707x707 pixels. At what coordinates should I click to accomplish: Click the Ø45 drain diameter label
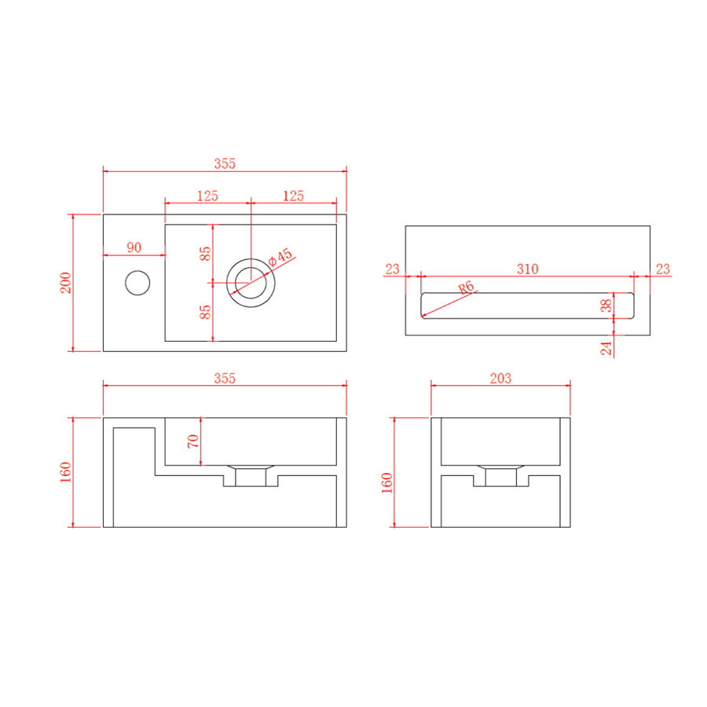[x=280, y=257]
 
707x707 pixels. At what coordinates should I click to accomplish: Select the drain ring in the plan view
[x=250, y=280]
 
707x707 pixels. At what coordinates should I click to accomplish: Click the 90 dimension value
[x=134, y=247]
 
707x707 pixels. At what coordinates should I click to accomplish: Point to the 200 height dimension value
[x=66, y=282]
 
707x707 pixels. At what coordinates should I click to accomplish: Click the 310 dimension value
[x=527, y=269]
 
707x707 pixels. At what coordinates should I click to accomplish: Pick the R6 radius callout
[x=467, y=288]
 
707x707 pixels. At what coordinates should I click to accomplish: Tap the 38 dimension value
[x=606, y=306]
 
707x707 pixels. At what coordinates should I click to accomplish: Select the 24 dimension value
[x=606, y=346]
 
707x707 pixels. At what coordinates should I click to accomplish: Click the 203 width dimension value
[x=500, y=378]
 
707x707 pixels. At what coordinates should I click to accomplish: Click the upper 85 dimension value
[x=205, y=254]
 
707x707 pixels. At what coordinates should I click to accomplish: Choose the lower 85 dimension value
[x=205, y=311]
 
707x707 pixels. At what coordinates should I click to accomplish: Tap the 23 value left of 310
[x=393, y=269]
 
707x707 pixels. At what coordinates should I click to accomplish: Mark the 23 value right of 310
[x=662, y=269]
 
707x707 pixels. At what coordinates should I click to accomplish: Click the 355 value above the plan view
[x=225, y=164]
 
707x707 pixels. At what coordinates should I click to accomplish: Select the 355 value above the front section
[x=225, y=378]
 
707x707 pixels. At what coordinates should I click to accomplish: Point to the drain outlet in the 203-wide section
[x=500, y=476]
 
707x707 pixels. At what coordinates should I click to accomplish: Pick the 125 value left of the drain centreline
[x=207, y=196]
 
